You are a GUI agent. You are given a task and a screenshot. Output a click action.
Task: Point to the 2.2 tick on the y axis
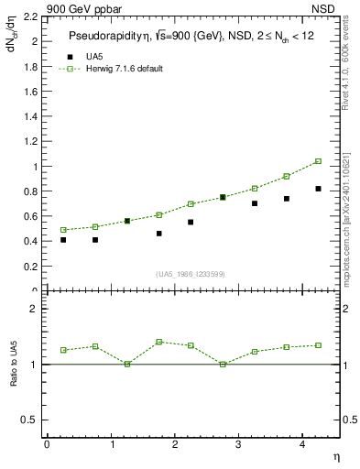34,17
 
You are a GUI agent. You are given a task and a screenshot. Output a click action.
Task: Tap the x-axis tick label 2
174,444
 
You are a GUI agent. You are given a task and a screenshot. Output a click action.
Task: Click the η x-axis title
335,455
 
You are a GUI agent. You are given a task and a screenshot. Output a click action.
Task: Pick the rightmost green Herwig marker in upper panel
318,161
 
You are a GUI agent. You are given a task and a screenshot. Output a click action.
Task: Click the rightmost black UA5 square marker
318,189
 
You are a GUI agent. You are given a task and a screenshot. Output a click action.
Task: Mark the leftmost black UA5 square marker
63,240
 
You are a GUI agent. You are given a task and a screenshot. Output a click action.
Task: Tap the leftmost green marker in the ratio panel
63,350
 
